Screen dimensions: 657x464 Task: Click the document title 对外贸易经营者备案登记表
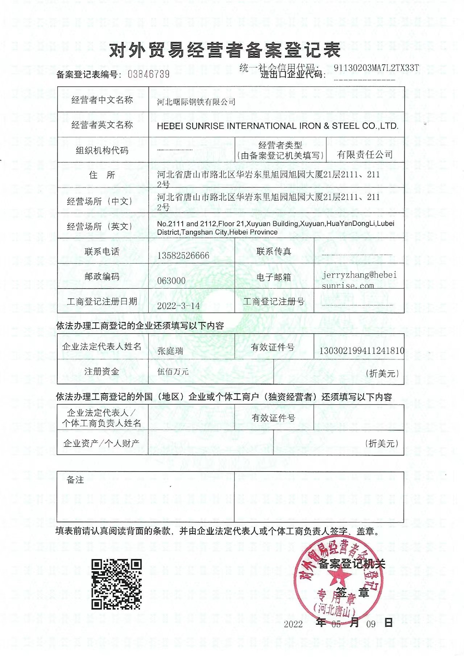click(225, 50)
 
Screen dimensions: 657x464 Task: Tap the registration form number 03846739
click(149, 74)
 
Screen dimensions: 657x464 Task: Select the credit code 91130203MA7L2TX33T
click(376, 68)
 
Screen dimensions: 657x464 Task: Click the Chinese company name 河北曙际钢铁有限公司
click(196, 102)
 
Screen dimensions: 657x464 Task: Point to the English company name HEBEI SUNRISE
click(278, 126)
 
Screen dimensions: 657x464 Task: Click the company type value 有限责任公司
click(365, 155)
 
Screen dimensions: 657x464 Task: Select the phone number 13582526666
click(183, 256)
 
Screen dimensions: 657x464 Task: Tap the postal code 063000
click(171, 281)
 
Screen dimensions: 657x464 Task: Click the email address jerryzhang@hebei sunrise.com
click(359, 280)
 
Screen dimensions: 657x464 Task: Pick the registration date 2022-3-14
click(178, 306)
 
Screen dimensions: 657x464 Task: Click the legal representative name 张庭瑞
click(170, 351)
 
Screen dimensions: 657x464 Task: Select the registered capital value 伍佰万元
click(173, 371)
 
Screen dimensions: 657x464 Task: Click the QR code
click(116, 584)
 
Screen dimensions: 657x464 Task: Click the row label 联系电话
click(102, 252)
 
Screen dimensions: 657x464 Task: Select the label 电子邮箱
click(274, 277)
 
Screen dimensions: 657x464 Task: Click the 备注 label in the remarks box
click(75, 480)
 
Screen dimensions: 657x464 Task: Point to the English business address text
click(275, 228)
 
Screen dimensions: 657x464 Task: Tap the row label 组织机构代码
click(102, 150)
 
